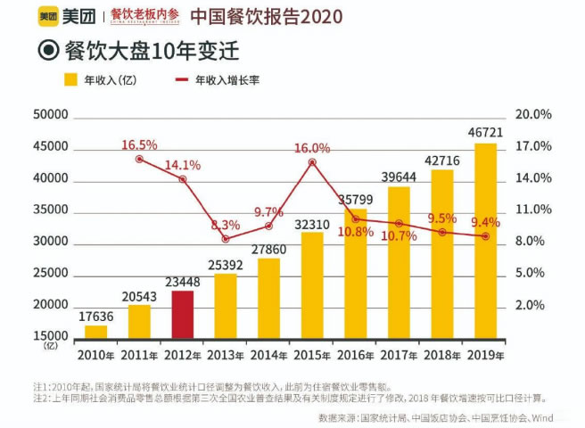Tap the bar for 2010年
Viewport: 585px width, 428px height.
tap(95, 332)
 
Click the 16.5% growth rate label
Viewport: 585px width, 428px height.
tap(139, 144)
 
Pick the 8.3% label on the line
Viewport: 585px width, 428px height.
tap(226, 224)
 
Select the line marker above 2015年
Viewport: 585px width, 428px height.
tap(312, 162)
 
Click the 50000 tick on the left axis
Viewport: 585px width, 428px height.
tap(50, 115)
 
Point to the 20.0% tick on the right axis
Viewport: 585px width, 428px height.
tap(534, 115)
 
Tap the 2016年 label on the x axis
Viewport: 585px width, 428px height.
tap(357, 355)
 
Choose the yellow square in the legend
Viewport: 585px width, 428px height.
tap(70, 80)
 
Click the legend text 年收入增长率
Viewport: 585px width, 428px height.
tap(229, 80)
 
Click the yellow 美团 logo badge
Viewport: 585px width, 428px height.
tap(48, 16)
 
